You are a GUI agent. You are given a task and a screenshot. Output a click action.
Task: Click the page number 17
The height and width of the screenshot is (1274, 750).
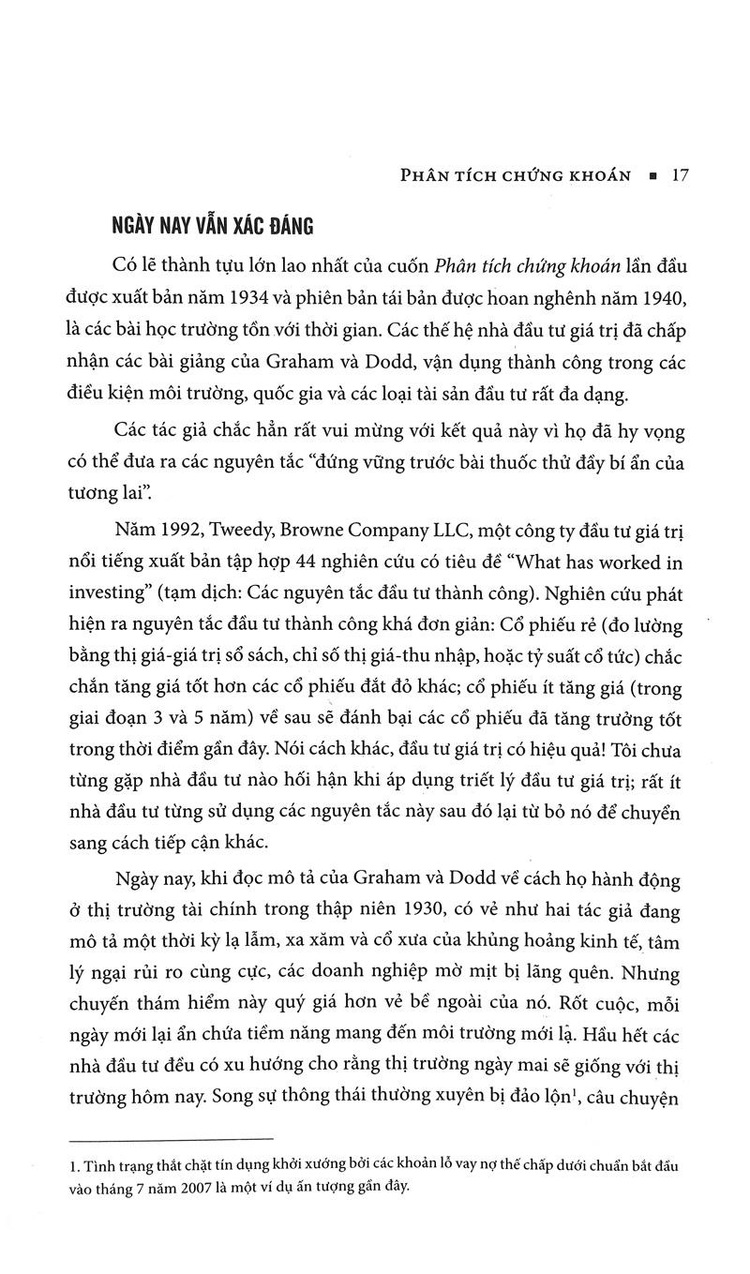coord(681,176)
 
